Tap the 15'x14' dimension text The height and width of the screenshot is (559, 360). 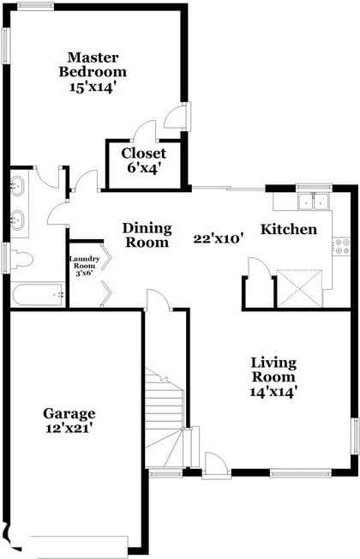point(93,87)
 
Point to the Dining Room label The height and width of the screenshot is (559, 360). point(147,235)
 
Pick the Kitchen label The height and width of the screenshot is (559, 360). point(289,229)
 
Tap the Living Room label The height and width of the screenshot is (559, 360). point(273,370)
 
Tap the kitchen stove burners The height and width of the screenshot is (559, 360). point(343,247)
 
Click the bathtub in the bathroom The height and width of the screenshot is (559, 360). point(39,296)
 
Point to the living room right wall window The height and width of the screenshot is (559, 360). point(355,438)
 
